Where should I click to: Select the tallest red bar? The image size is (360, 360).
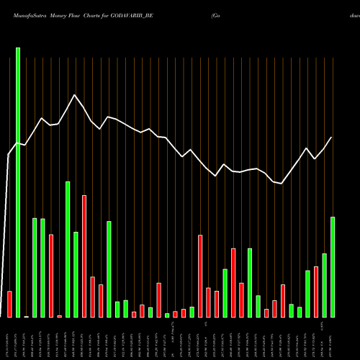coord(84,256)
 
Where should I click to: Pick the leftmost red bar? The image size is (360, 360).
coord(9,304)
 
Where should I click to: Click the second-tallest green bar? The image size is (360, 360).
coord(68,249)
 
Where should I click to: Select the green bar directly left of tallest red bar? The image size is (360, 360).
coord(76,274)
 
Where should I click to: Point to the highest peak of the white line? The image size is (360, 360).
coord(73,95)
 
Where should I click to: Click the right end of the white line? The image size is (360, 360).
coord(332,137)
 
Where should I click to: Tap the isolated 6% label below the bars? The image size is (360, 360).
coord(204,325)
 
